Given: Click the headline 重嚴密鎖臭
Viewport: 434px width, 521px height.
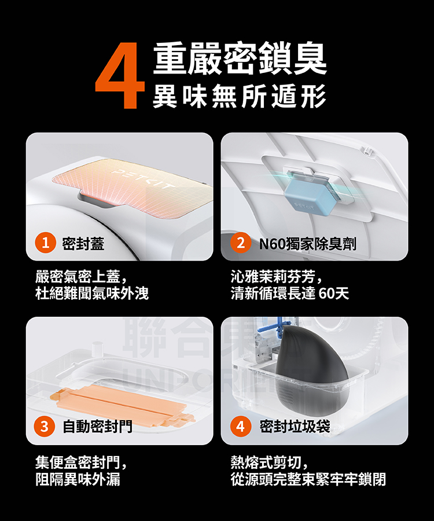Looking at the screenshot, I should (x=240, y=58).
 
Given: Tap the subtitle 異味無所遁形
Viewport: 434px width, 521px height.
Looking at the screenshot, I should (x=238, y=96).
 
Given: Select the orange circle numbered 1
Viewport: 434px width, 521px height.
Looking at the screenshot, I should (x=45, y=244).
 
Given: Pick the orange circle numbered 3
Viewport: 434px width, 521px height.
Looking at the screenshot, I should (x=45, y=427).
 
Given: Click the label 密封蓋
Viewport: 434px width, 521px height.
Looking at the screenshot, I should (x=83, y=244).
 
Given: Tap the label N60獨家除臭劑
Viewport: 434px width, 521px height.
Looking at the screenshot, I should (x=307, y=244).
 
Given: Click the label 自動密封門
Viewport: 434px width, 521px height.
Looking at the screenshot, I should (x=97, y=427).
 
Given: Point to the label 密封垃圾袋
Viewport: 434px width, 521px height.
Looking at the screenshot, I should (x=295, y=427).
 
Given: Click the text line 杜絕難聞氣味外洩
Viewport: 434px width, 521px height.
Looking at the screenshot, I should (x=92, y=293).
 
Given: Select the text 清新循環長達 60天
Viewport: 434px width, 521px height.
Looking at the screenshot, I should (x=289, y=293).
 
